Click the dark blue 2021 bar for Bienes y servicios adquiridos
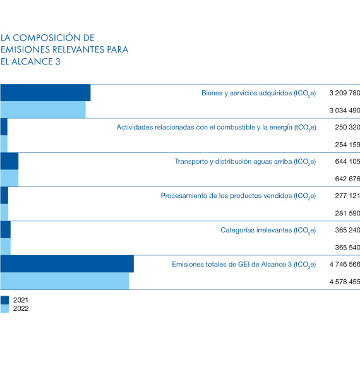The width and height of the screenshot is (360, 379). (45, 93)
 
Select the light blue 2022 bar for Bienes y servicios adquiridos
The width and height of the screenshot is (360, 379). (43, 110)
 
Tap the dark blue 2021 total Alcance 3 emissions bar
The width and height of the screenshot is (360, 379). (67, 264)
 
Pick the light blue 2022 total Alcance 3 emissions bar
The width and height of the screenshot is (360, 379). (65, 281)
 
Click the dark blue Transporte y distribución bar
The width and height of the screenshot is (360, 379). (9, 161)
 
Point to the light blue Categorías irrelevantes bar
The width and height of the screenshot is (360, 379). (6, 246)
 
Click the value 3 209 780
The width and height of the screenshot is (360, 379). (345, 93)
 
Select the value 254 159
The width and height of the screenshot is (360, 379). (347, 145)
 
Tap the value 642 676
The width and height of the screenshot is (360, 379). (347, 179)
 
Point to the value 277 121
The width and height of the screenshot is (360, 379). (347, 196)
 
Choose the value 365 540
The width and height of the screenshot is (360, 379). (347, 248)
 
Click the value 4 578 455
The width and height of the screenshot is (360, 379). (345, 282)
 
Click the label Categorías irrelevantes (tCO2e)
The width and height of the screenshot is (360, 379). (268, 231)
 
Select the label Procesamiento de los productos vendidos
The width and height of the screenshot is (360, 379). (226, 196)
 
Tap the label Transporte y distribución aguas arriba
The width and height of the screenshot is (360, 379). (234, 162)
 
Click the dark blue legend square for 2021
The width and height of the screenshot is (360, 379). (4, 300)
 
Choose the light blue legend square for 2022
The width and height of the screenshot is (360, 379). (4, 309)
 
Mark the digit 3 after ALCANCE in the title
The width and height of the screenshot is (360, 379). (57, 62)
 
